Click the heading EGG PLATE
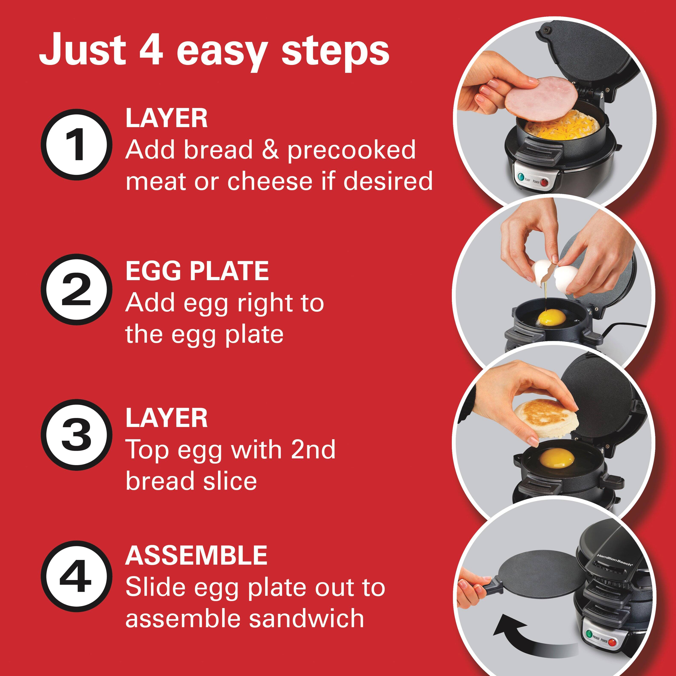197,271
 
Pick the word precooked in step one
351,150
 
